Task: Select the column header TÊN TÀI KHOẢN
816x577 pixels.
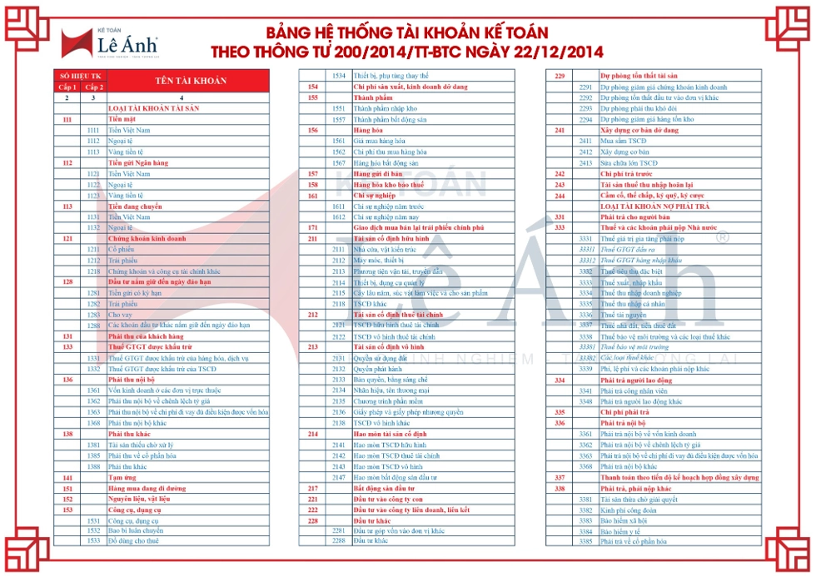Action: (188, 81)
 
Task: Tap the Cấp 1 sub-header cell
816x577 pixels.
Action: (67, 87)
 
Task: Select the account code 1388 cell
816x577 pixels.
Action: (93, 467)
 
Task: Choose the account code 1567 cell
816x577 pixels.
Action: (338, 162)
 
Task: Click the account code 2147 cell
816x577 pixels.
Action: (338, 477)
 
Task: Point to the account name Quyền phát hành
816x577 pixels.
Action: (374, 369)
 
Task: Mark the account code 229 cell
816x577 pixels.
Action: (560, 76)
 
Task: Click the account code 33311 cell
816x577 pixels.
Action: (585, 249)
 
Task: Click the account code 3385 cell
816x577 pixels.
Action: (585, 542)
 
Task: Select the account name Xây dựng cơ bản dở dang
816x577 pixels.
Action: (635, 130)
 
